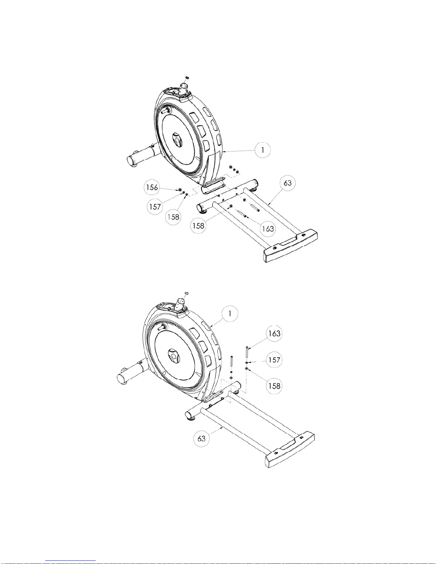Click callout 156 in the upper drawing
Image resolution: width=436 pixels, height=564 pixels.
152,187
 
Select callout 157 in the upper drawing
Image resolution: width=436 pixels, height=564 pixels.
155,207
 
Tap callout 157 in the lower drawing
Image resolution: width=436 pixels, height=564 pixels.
274,360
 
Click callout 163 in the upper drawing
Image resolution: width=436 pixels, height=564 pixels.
268,229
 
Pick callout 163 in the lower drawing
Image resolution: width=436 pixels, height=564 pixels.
274,333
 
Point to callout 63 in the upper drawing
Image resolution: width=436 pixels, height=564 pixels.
288,183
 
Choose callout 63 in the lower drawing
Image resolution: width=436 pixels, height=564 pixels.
201,439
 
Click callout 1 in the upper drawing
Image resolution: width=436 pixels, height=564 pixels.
263,150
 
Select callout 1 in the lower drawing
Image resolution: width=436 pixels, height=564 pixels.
230,313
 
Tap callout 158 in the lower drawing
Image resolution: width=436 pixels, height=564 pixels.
274,386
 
